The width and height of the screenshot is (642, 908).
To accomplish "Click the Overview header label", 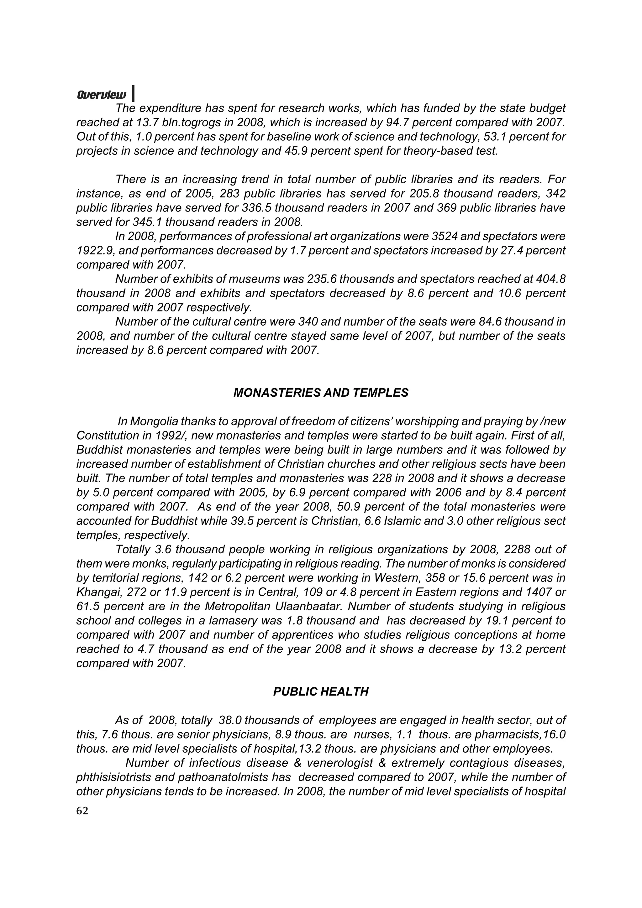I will coord(102,95).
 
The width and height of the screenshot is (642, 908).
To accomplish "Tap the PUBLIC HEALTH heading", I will coord(321,692).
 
